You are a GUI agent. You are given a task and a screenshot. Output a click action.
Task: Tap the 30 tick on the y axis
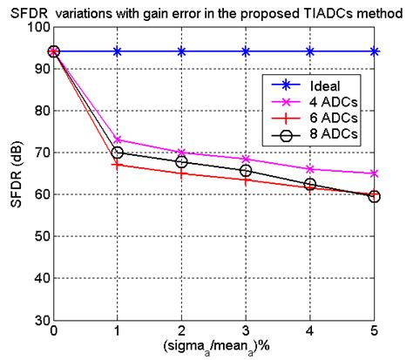point(38,320)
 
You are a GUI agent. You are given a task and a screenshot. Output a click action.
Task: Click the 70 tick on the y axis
point(38,153)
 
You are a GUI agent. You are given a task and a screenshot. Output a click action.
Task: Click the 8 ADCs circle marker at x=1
point(118,153)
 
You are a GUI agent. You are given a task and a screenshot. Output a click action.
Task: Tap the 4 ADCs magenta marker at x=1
point(118,139)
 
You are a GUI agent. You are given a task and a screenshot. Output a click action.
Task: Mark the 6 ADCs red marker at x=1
point(118,164)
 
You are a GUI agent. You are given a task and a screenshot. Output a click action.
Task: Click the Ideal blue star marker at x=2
point(182,51)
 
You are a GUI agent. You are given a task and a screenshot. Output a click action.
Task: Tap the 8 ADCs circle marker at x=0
point(53,51)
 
